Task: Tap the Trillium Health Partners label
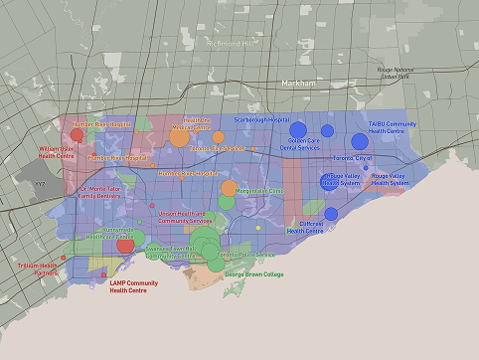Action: [x=38, y=270]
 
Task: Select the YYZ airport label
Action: [x=40, y=184]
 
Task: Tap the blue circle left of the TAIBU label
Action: [x=359, y=141]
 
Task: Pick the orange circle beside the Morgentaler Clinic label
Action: [x=229, y=188]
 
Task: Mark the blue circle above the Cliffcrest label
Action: [x=331, y=213]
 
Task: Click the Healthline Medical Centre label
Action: [x=192, y=123]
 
